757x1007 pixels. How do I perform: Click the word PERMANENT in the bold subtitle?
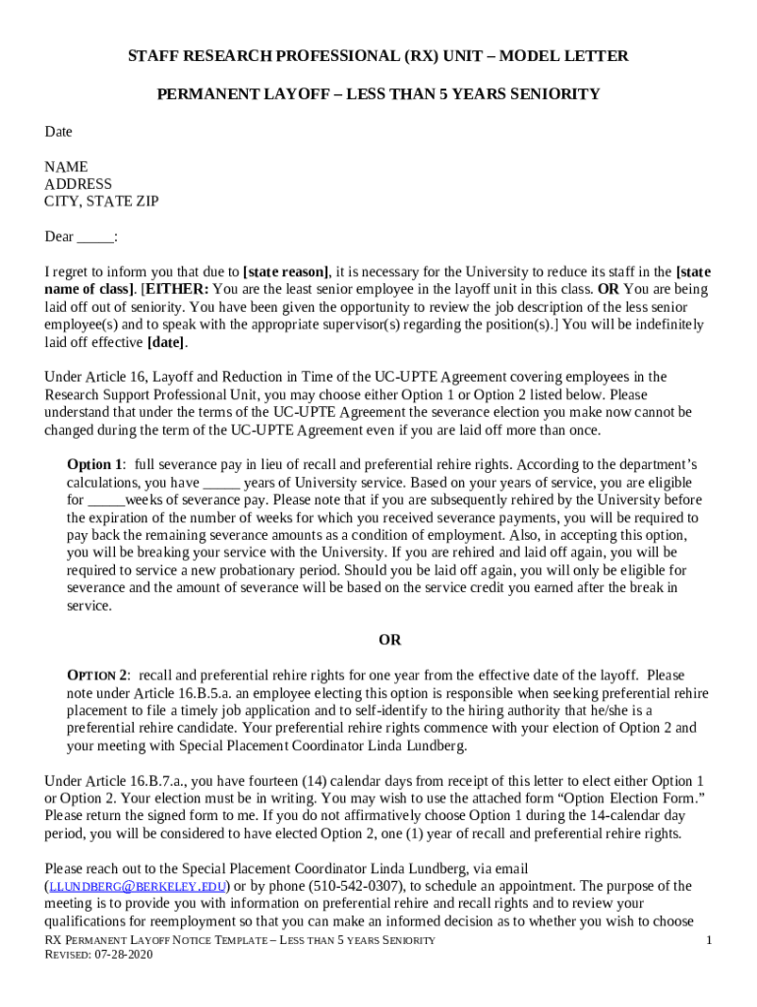(x=203, y=94)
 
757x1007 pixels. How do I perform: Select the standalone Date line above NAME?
(x=58, y=132)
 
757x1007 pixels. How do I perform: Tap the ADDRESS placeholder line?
(x=79, y=184)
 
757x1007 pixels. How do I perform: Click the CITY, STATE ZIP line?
(x=101, y=202)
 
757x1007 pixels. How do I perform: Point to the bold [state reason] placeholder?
(x=286, y=272)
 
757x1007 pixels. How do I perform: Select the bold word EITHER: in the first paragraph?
(x=176, y=290)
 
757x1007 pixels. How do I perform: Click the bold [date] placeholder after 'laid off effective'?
(x=165, y=343)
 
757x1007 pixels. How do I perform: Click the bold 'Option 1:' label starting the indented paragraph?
(x=96, y=464)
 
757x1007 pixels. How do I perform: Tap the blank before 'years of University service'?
(x=221, y=483)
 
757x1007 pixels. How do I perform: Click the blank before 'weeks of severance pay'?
(x=106, y=501)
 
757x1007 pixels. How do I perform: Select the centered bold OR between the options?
(x=390, y=640)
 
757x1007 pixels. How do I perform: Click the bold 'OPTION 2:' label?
(x=98, y=676)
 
